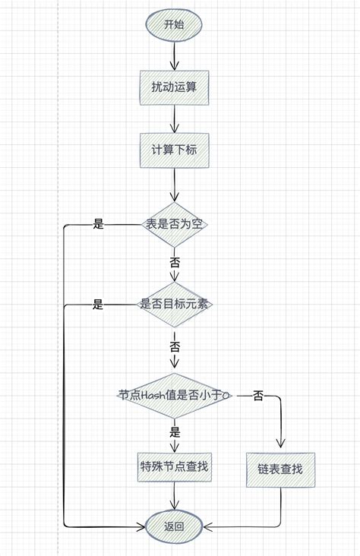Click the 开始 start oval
tap(174, 24)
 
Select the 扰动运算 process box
tap(174, 87)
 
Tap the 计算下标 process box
tap(174, 150)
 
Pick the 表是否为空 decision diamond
tap(175, 224)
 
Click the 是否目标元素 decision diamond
tap(175, 305)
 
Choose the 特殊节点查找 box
tap(174, 466)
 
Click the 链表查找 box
tap(280, 469)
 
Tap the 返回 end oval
tap(174, 526)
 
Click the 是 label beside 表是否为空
tap(98, 225)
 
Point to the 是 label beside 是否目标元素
tap(98, 305)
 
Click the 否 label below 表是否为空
tap(175, 261)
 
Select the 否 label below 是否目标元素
tap(175, 346)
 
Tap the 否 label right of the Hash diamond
tap(258, 396)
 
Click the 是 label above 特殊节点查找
tap(175, 432)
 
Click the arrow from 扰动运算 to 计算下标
tap(175, 118)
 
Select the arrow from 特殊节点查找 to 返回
tap(175, 498)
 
